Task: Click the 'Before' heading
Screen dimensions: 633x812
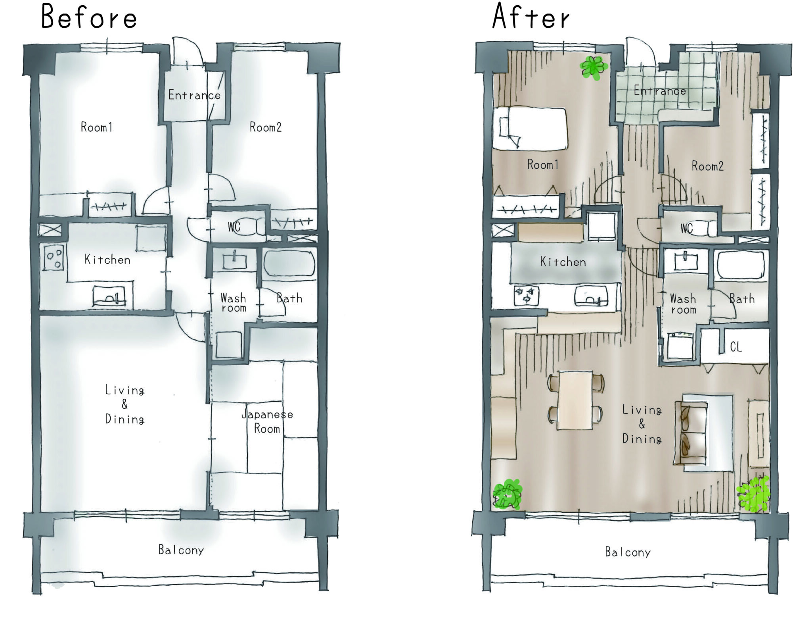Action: point(89,18)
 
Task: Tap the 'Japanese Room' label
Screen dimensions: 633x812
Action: point(267,421)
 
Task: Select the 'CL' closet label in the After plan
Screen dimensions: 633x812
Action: point(736,347)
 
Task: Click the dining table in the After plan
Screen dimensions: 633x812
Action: point(575,400)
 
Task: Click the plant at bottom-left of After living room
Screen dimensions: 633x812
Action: point(507,494)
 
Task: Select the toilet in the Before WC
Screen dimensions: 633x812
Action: point(254,227)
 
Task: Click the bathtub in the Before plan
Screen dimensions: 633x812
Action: point(289,262)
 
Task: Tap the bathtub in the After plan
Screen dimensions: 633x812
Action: point(740,265)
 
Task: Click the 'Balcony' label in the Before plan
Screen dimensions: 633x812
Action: point(181,550)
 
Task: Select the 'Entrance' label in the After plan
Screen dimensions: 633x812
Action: point(659,91)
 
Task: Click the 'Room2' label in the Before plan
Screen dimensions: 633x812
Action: point(265,127)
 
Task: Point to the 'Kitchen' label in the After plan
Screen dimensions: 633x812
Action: point(563,262)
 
